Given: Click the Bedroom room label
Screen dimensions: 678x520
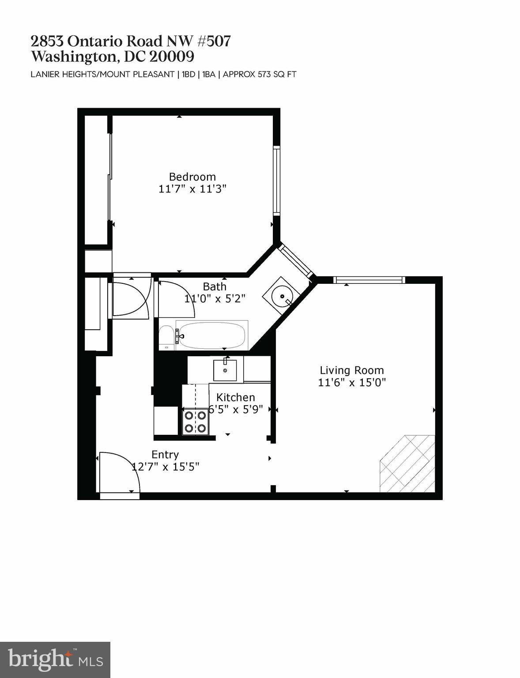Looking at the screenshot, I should click(x=192, y=177).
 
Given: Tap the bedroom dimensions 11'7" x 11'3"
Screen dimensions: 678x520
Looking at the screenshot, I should click(x=192, y=189).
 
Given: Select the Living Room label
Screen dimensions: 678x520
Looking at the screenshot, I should click(x=352, y=370).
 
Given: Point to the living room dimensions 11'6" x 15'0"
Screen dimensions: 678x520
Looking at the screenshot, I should click(x=352, y=382).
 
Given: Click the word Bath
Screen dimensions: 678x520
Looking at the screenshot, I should click(x=215, y=287).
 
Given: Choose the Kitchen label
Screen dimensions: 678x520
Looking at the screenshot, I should click(x=235, y=398).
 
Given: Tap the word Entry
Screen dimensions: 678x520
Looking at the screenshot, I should click(x=165, y=455).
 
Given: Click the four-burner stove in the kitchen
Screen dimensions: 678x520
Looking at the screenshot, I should click(x=196, y=422).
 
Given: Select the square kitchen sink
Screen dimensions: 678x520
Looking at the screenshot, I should click(x=225, y=370).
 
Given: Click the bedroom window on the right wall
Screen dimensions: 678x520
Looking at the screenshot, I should click(x=277, y=180).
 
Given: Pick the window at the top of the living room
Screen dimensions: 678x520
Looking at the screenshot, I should click(x=369, y=279).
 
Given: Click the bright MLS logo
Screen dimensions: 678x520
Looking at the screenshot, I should click(x=55, y=660).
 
